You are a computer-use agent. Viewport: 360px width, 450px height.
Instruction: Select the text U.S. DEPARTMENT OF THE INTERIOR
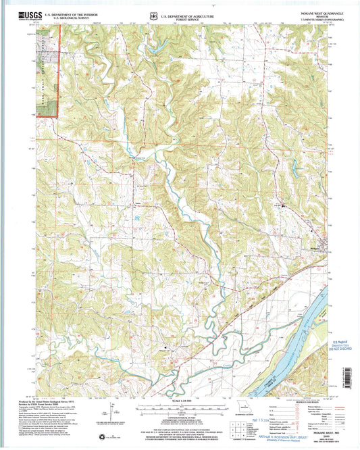(x=67, y=13)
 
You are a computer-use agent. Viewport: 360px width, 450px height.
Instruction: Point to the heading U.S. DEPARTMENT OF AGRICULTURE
(x=188, y=13)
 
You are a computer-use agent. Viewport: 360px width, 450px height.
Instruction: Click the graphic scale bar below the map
(x=180, y=407)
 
